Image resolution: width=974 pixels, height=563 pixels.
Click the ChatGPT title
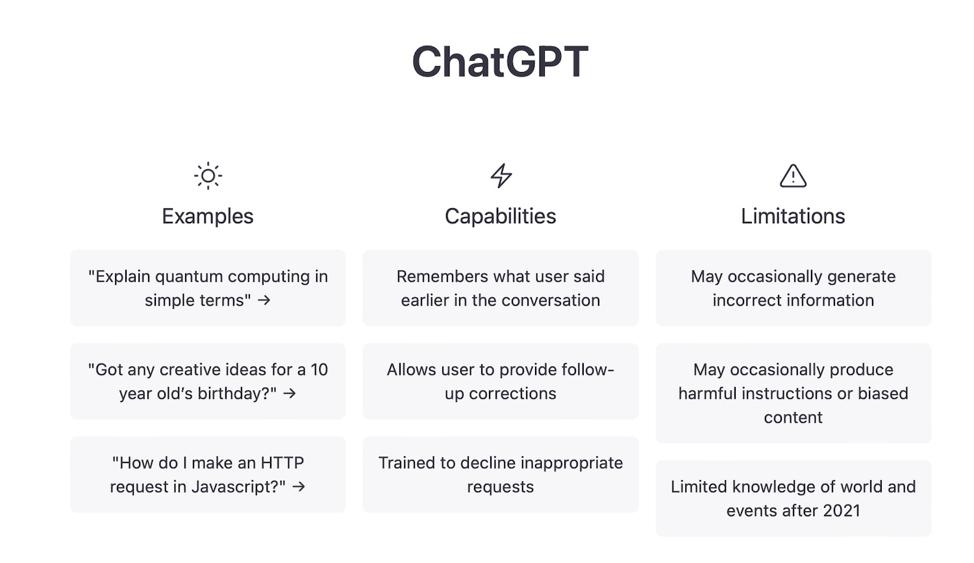point(500,62)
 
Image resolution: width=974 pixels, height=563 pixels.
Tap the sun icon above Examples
point(208,176)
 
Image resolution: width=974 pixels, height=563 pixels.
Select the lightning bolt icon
point(501,176)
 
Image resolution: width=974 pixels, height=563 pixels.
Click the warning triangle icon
point(793,176)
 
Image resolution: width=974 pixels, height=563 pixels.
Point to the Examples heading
point(207,217)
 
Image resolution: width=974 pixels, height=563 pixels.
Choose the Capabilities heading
point(500,217)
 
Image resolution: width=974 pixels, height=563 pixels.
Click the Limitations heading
point(793,217)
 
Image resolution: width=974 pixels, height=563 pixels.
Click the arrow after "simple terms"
point(264,300)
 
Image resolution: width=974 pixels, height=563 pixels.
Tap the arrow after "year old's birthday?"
point(290,394)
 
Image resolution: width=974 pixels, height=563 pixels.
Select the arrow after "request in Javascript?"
point(299,487)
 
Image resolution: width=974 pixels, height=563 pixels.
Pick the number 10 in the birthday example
point(319,370)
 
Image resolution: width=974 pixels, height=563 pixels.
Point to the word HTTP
point(282,463)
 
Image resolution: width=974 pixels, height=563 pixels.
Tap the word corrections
point(513,394)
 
